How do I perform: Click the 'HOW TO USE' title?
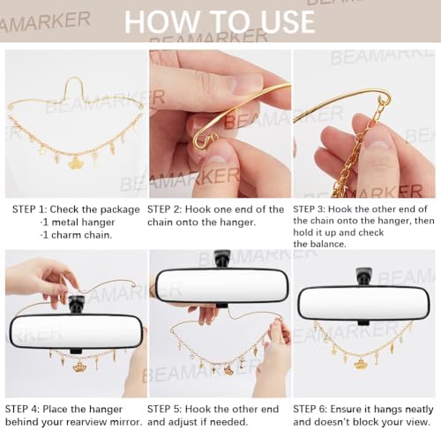point(220,21)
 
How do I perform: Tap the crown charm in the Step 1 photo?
point(76,163)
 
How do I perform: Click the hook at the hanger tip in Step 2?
point(206,140)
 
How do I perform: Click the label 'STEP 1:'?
point(29,209)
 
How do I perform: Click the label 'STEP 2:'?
point(164,209)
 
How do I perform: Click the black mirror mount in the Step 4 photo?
point(76,304)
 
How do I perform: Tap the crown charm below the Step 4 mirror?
point(78,367)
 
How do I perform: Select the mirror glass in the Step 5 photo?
point(221,285)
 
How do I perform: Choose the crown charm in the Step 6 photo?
point(361,365)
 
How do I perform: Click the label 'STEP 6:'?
point(310,409)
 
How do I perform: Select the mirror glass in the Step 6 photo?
point(363,304)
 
